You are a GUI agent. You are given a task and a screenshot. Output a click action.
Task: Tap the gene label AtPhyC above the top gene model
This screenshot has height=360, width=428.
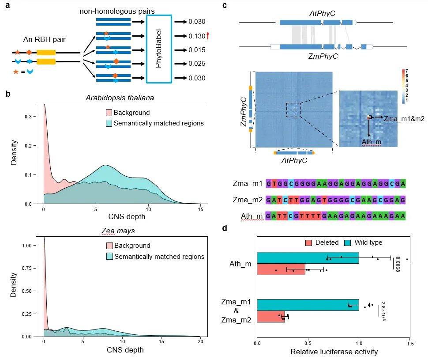coord(322,14)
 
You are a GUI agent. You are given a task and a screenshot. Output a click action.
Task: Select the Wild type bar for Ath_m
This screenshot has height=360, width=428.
coord(308,258)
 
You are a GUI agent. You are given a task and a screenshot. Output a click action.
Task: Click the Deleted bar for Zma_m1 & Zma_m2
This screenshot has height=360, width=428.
coord(270,317)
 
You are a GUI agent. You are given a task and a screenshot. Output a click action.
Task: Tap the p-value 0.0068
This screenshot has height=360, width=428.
coord(397,264)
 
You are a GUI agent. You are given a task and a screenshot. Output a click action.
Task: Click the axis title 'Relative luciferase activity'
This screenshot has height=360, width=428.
coord(334,352)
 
